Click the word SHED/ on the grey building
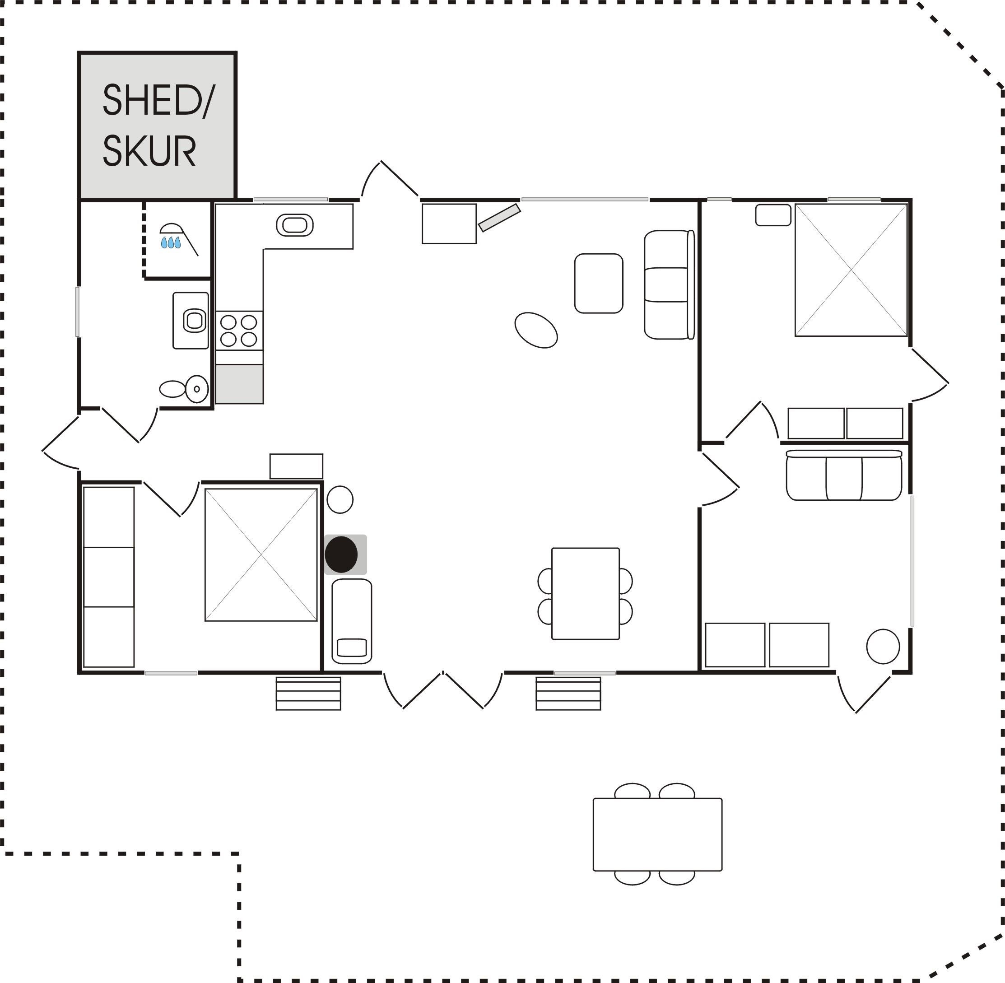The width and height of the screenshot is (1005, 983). (x=158, y=101)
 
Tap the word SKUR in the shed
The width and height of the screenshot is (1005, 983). (x=149, y=151)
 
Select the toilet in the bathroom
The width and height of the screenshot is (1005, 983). (x=184, y=389)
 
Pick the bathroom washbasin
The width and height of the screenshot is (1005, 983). (x=195, y=321)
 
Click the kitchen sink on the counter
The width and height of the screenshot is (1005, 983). (x=295, y=225)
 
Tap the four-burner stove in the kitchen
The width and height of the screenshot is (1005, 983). (x=239, y=331)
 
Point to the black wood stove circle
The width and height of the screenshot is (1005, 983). (x=341, y=554)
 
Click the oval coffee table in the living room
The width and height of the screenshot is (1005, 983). (x=536, y=330)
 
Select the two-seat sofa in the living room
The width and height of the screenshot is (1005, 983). (x=670, y=284)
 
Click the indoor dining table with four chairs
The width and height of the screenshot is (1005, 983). (x=585, y=594)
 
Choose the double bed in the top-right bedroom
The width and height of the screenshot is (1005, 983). (x=851, y=270)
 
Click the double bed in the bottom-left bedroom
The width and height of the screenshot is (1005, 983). (x=261, y=555)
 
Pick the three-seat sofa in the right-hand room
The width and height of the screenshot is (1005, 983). (x=844, y=475)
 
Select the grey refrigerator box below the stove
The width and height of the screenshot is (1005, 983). (x=239, y=384)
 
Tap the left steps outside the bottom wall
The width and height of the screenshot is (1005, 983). (x=308, y=694)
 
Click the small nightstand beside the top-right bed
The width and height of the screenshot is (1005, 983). (x=773, y=215)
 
